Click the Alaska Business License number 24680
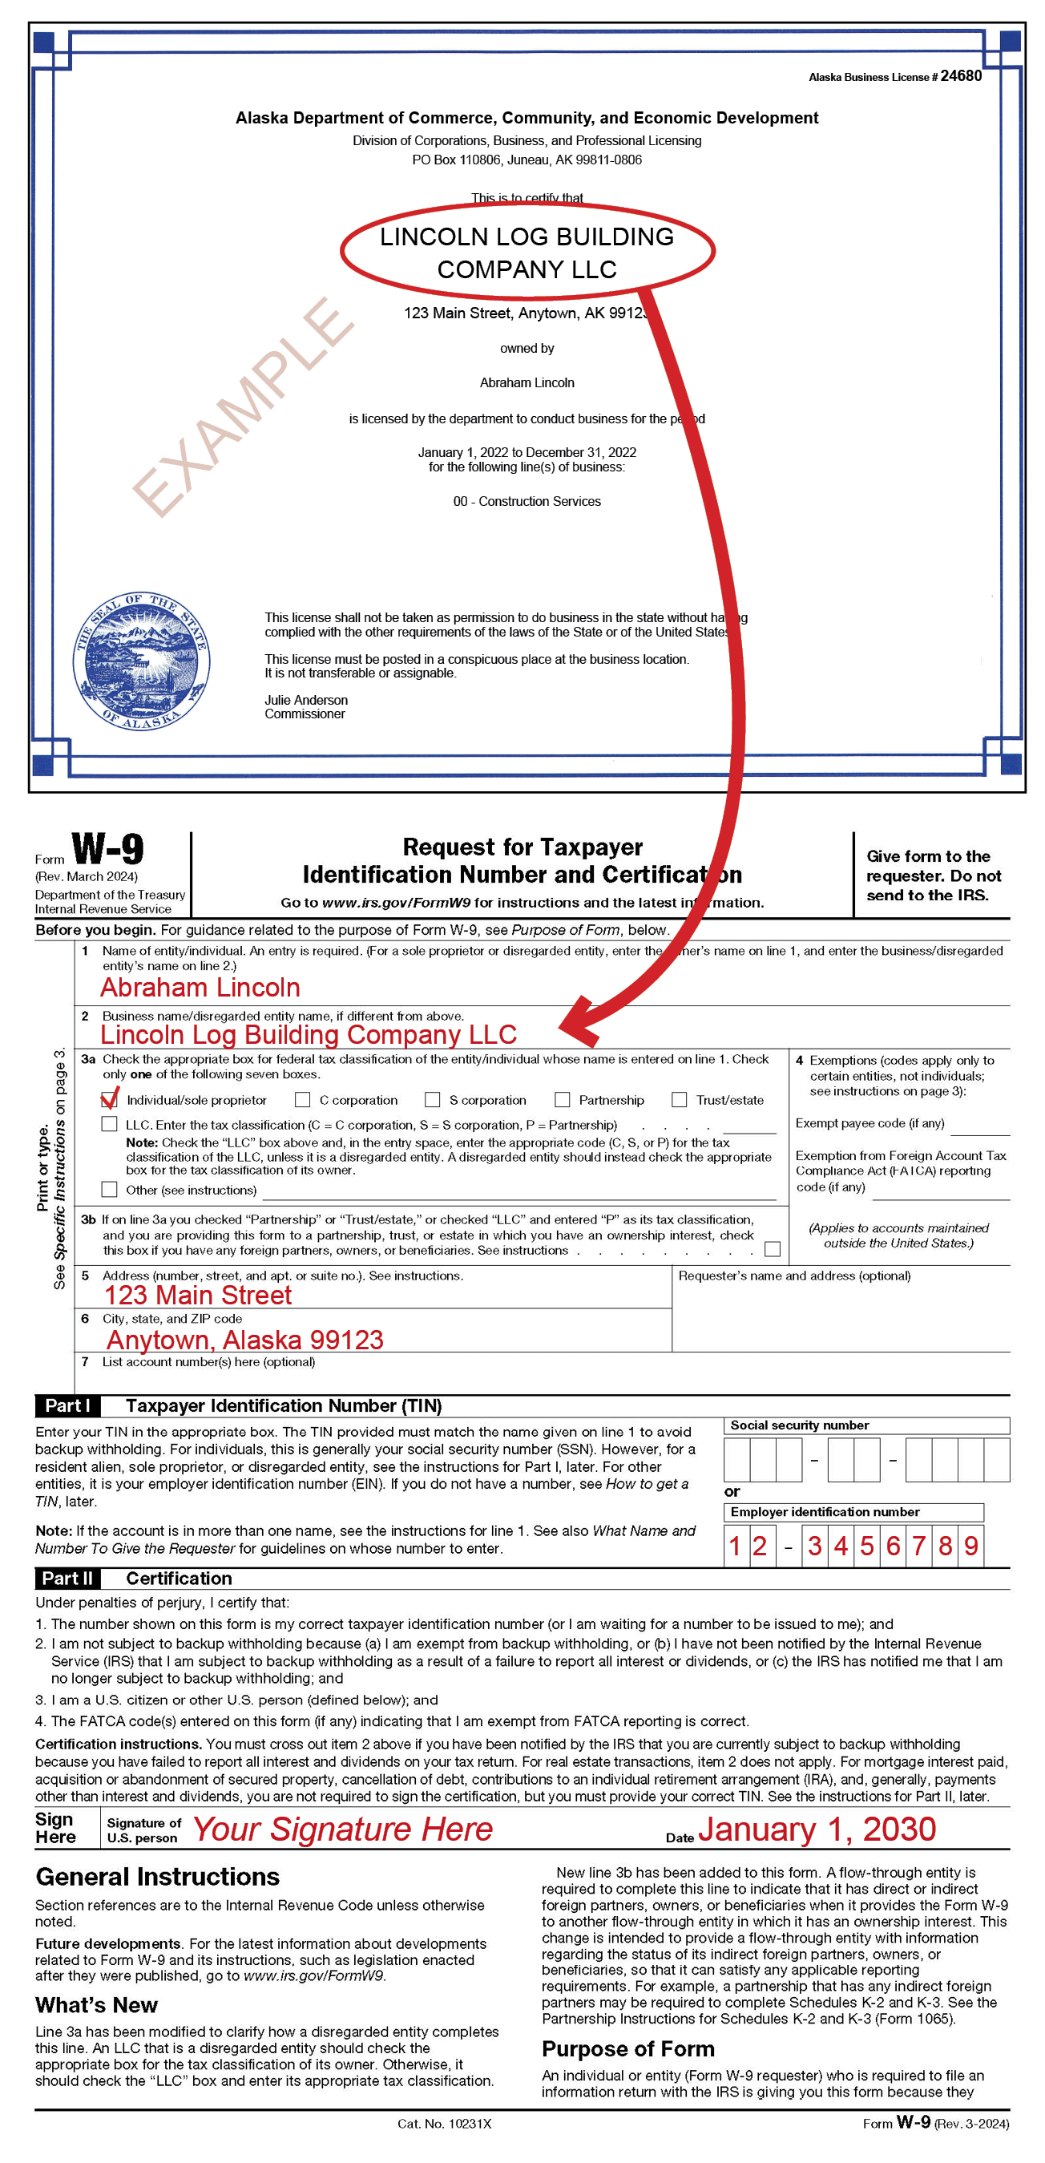pos(960,75)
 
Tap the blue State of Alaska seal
pos(141,660)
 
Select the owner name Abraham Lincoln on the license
pos(527,383)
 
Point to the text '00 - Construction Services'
pos(527,501)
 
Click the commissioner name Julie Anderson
pos(306,700)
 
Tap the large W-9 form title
pos(107,849)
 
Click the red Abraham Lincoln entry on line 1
pos(200,988)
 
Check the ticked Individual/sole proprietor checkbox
pos(109,1100)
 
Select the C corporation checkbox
pos(303,1100)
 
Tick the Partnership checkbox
pos(563,1100)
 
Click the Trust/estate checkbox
pos(679,1100)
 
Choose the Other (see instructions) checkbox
pos(109,1189)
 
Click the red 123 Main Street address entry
pos(198,1296)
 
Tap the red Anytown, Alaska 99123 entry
pos(245,1340)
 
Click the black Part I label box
pos(67,1405)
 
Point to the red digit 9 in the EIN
pos(971,1546)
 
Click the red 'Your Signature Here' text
pos(342,1829)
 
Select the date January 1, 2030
pos(817,1829)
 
